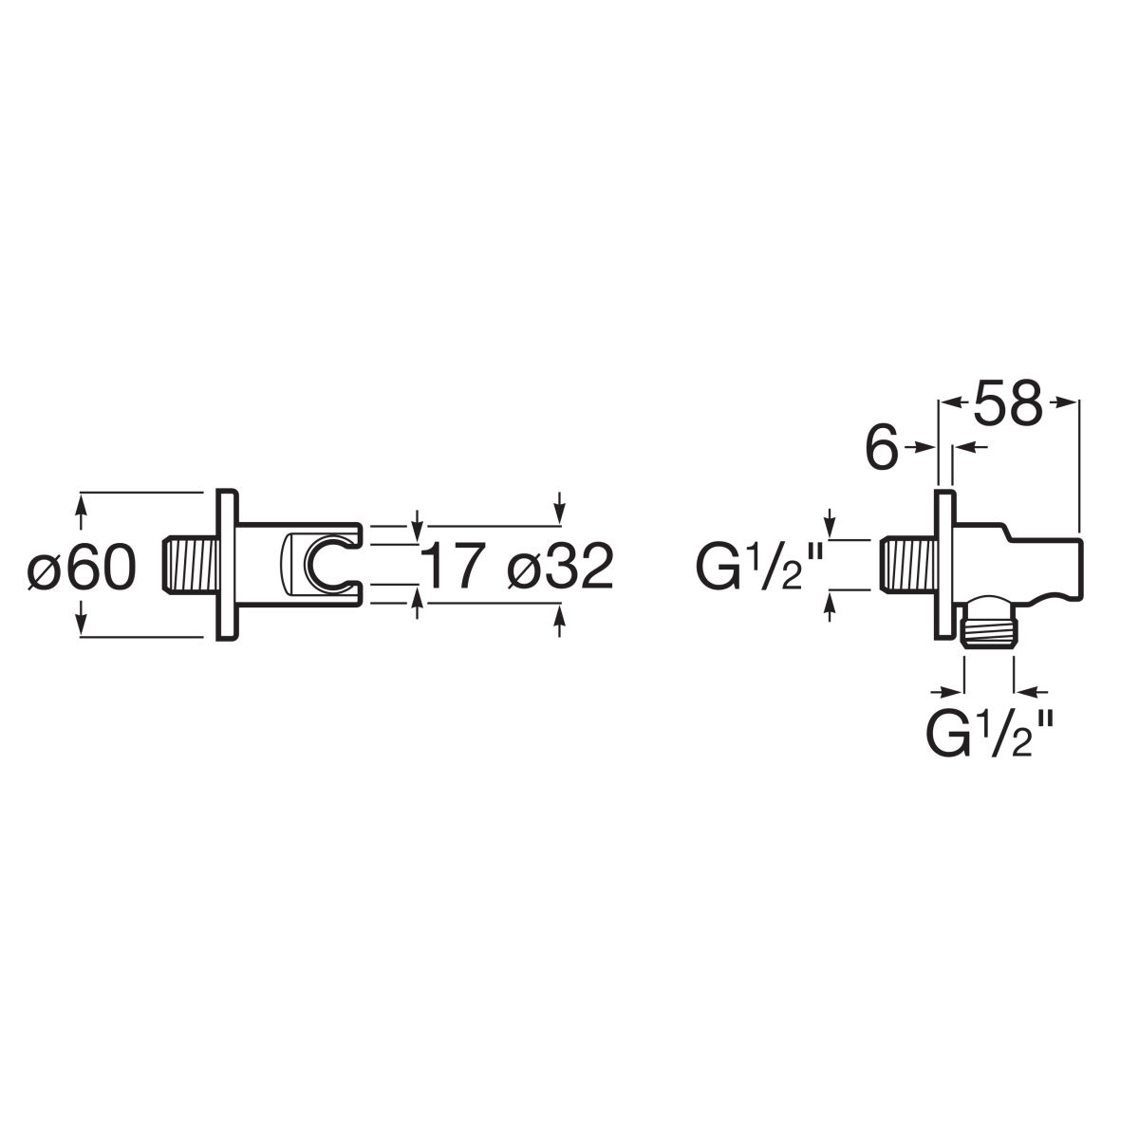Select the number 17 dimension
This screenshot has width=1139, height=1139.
pyautogui.click(x=454, y=566)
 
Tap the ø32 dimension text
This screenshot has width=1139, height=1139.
pyautogui.click(x=560, y=566)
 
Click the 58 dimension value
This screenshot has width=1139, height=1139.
pyautogui.click(x=1008, y=403)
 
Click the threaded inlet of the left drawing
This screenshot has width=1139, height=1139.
pyautogui.click(x=191, y=565)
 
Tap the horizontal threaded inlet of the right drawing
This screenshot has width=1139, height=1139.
pyautogui.click(x=908, y=565)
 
